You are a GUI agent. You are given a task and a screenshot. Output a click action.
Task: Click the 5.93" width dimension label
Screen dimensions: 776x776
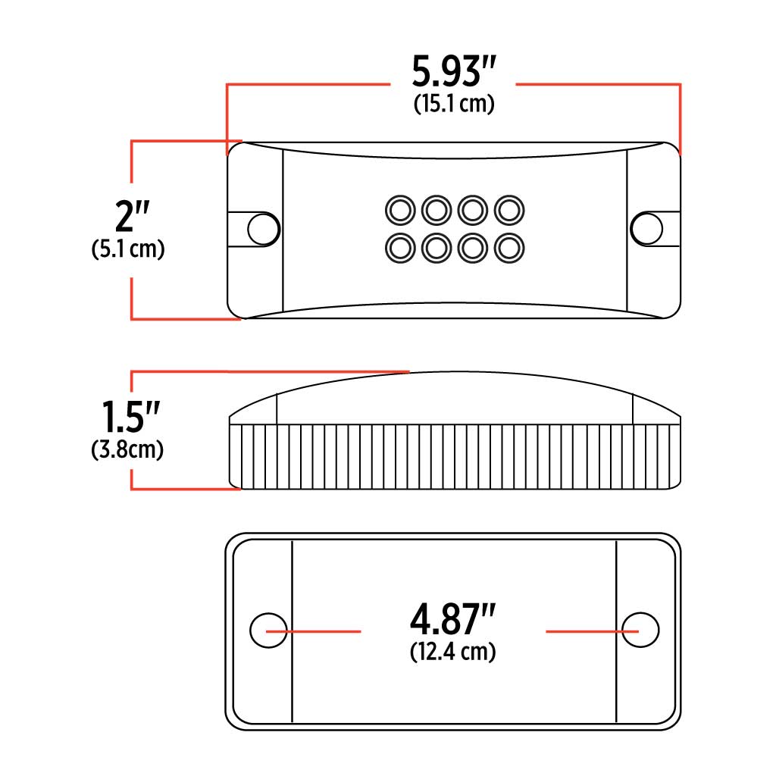pos(453,72)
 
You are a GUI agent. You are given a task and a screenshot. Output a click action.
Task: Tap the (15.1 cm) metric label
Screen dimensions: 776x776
pos(454,105)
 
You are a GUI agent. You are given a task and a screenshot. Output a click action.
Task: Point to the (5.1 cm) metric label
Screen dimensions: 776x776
pos(127,249)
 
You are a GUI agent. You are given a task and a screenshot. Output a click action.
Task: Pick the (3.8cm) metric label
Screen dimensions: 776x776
pos(127,450)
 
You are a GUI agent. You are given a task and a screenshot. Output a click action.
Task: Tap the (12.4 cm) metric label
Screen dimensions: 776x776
pos(453,651)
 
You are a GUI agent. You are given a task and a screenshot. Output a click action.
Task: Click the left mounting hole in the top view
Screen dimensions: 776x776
pos(263,228)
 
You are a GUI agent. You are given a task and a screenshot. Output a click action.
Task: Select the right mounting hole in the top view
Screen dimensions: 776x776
pos(646,228)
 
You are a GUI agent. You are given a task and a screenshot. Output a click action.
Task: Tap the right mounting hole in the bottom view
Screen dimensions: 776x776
pos(640,630)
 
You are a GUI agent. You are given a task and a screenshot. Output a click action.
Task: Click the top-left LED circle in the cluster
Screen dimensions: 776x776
pos(399,208)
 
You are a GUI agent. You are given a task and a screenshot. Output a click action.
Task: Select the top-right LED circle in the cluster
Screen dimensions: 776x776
pos(509,208)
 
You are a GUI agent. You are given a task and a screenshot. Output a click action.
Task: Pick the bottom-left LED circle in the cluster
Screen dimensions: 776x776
pos(399,246)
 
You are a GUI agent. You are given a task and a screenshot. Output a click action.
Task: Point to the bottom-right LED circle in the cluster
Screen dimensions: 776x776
pos(509,246)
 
